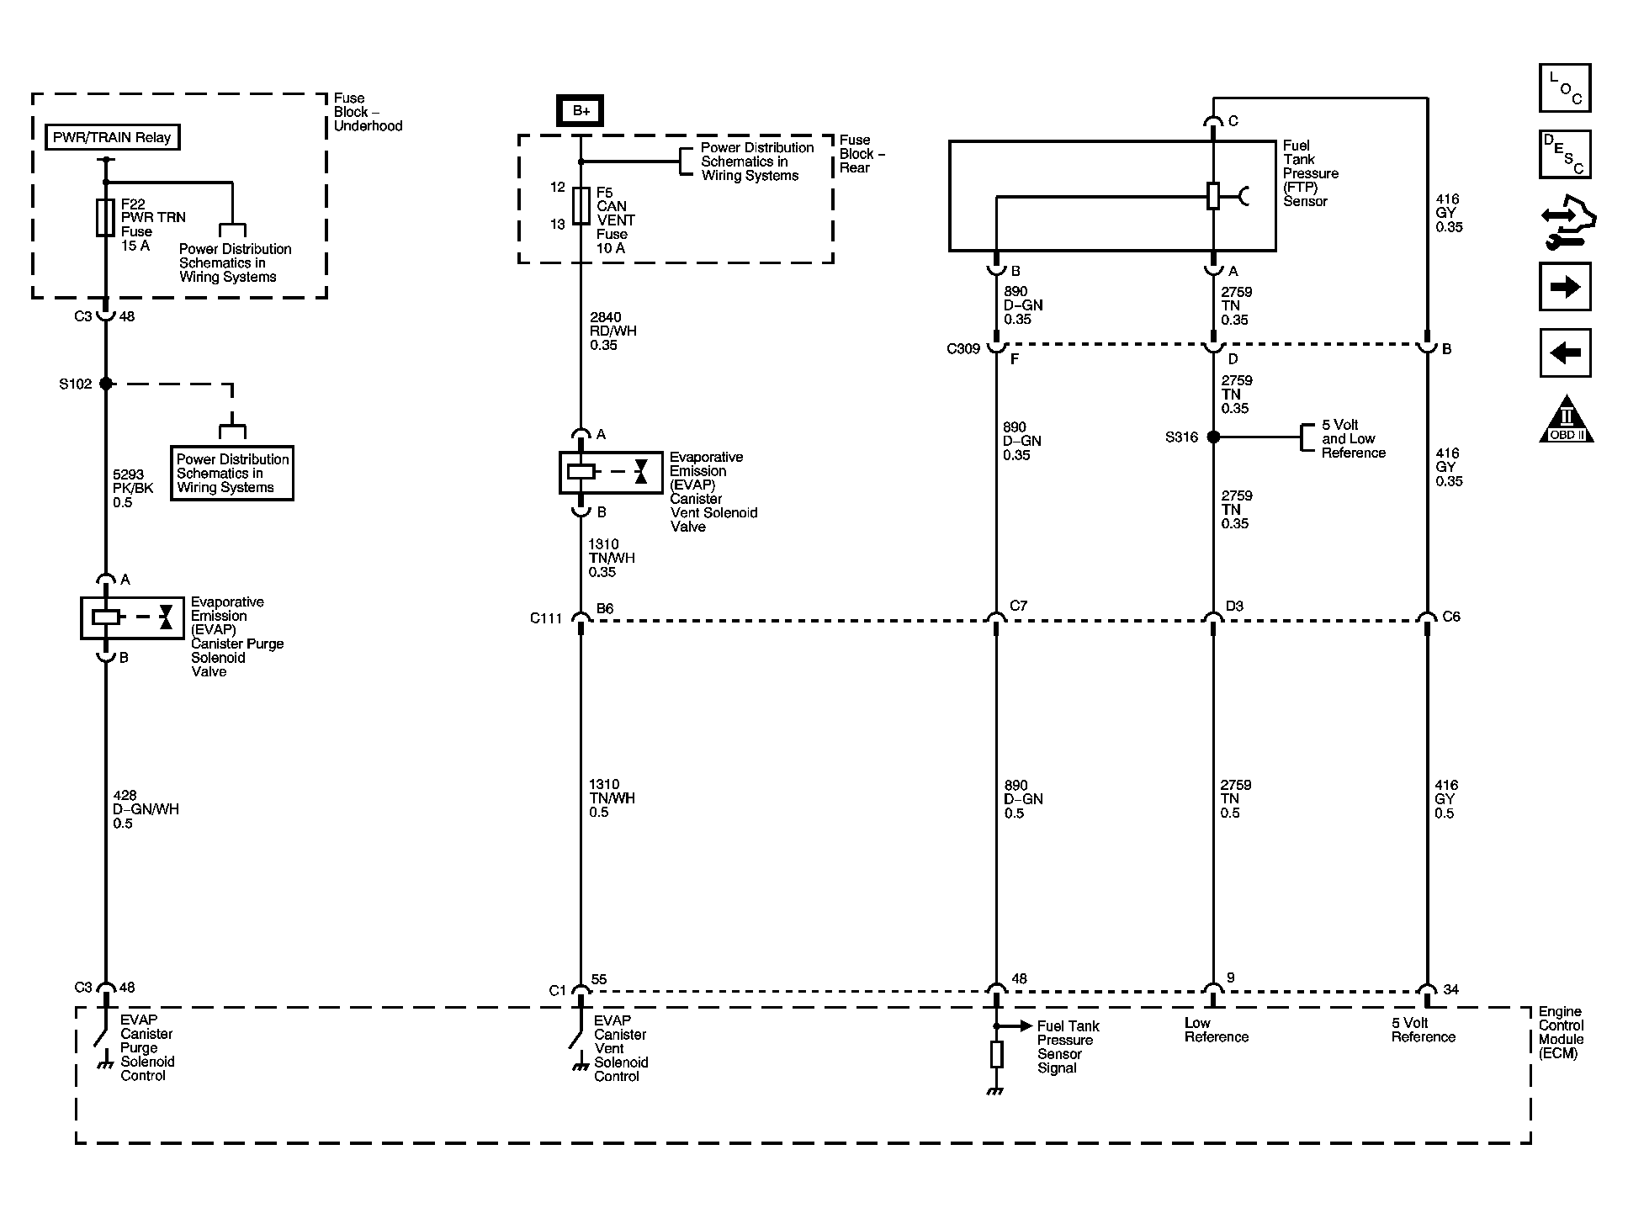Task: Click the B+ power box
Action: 581,111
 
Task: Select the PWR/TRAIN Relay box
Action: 112,137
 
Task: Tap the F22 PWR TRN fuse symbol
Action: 105,218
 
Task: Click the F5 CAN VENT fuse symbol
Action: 581,206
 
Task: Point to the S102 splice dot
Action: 105,384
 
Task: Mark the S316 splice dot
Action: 1213,437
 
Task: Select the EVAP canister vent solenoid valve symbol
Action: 611,473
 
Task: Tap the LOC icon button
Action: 1565,87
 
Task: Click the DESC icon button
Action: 1565,154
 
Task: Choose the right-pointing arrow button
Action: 1565,287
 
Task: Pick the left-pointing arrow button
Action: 1565,352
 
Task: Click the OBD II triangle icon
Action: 1567,420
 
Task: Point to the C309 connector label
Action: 963,349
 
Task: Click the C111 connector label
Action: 546,618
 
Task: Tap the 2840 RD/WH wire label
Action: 612,331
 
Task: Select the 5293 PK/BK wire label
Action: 133,489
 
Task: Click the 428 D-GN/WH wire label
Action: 146,809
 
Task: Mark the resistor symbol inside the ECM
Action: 996,1054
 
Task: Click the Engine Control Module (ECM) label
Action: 1562,1032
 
